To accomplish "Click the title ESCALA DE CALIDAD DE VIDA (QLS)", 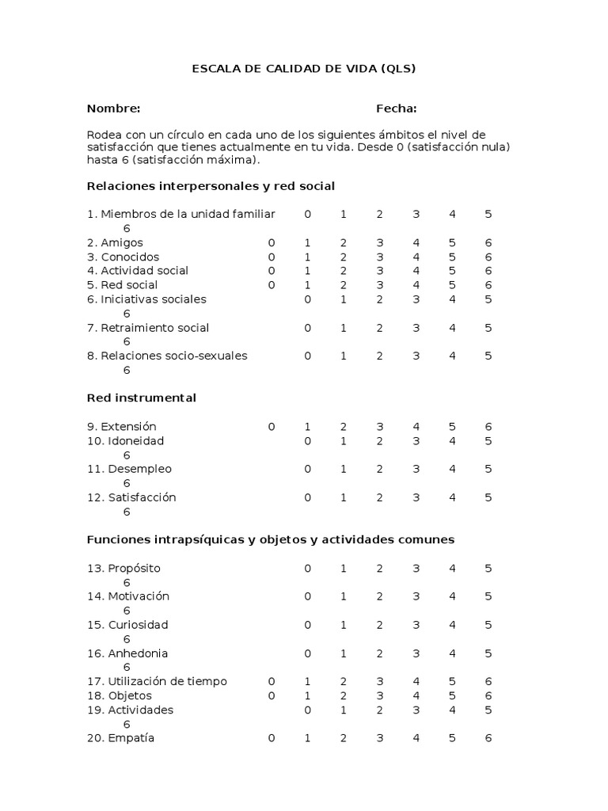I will (304, 69).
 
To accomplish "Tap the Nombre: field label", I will (114, 109).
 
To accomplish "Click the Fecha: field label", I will (396, 109).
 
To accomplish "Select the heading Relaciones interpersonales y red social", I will (211, 186).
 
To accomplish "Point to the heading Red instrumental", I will (142, 398).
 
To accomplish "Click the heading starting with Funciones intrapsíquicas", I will (271, 539).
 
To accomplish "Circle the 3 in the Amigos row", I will (380, 243).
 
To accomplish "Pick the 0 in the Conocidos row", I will (272, 257).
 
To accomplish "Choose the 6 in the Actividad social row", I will (488, 271).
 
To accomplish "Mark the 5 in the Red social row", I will (452, 285).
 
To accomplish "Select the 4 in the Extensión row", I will (416, 426).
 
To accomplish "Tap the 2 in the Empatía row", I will (344, 738).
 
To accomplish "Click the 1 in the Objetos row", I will (307, 695).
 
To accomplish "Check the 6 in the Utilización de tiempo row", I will (488, 681).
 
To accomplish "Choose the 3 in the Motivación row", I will (416, 596).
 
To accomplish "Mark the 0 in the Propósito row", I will (308, 569).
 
